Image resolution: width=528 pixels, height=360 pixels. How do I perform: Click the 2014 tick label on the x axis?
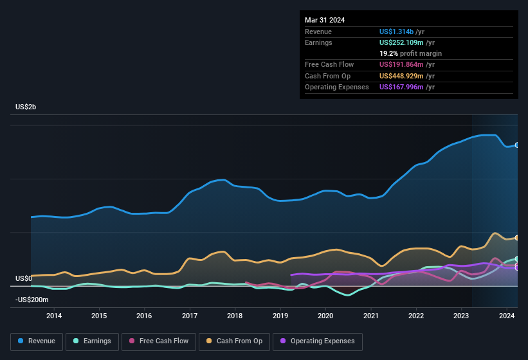[54, 316]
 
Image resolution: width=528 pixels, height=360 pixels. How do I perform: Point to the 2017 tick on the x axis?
[190, 316]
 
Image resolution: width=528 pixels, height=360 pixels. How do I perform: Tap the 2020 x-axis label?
[325, 316]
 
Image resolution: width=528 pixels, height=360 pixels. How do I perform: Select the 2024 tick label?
[507, 316]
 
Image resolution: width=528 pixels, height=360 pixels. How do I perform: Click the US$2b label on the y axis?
[26, 107]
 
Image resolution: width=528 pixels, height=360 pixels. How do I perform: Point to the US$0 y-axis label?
[24, 278]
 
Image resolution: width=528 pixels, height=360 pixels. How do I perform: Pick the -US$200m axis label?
[32, 300]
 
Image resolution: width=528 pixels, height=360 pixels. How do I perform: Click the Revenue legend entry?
[37, 341]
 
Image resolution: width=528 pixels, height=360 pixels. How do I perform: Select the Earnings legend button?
[91, 341]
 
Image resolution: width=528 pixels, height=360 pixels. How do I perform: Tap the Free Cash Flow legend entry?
[157, 341]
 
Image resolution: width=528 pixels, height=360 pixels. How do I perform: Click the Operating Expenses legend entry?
[318, 341]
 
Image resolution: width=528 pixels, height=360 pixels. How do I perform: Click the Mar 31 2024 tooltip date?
[325, 20]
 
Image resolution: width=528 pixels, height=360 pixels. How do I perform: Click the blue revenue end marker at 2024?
[517, 145]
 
